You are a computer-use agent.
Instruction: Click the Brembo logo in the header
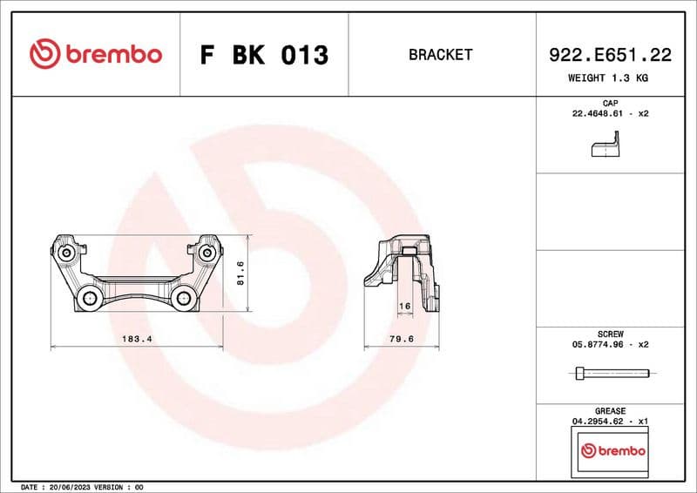[x=96, y=54]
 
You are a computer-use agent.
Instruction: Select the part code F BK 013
[x=264, y=55]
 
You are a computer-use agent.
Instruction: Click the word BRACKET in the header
[x=440, y=55]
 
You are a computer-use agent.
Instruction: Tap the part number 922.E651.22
[x=610, y=55]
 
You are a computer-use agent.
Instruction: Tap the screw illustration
[x=612, y=374]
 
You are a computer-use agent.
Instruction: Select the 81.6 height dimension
[x=241, y=274]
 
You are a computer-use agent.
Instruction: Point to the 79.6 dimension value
[x=399, y=339]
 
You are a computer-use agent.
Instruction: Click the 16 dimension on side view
[x=403, y=306]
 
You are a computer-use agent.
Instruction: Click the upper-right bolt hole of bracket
[x=207, y=253]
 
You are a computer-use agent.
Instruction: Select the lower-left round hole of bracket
[x=90, y=299]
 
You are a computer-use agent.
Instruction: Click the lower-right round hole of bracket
[x=184, y=299]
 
